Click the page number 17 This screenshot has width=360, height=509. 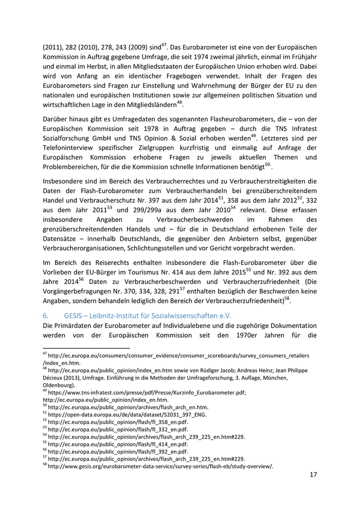(313, 474)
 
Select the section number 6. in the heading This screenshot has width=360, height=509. (45, 315)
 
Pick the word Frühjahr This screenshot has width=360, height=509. (301, 58)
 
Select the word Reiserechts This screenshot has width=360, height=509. (102, 262)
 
